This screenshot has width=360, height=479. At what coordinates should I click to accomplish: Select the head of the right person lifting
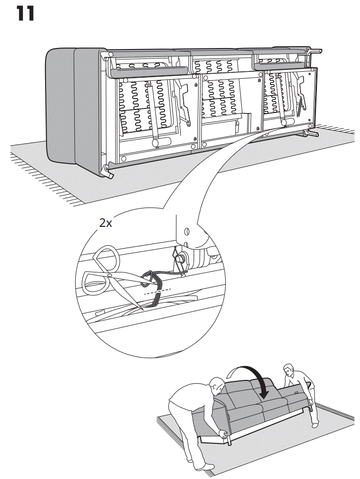click(289, 371)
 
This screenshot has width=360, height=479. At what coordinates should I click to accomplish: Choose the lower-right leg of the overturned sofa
click(311, 132)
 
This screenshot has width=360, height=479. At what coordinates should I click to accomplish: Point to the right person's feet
click(315, 424)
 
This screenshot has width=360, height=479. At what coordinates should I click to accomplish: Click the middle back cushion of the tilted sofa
click(257, 391)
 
